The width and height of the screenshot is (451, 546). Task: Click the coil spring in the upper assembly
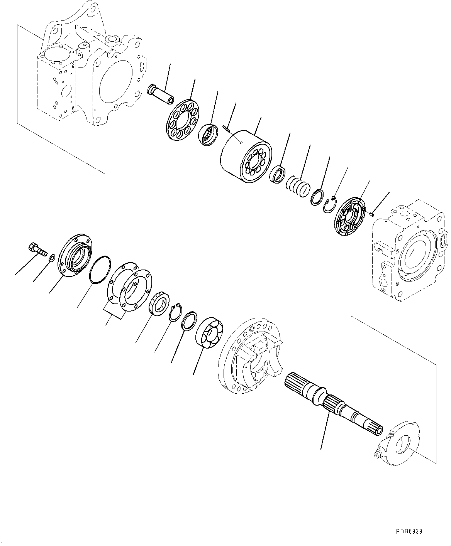[x=298, y=187]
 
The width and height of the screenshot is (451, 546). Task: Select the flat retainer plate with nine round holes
[x=181, y=119]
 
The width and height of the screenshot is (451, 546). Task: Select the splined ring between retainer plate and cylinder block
[x=210, y=135]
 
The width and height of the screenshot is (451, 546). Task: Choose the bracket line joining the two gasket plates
[x=114, y=312]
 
